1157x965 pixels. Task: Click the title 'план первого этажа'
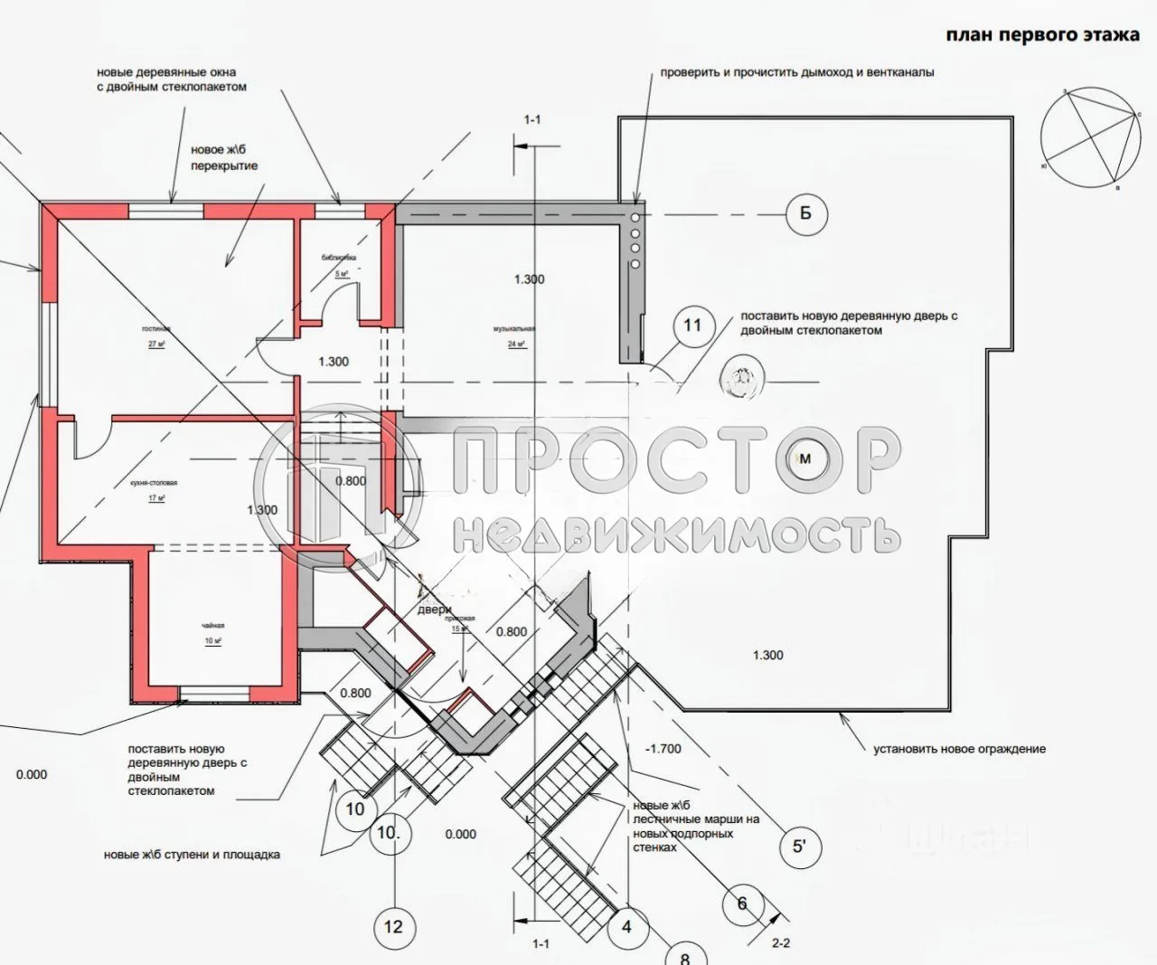click(1042, 35)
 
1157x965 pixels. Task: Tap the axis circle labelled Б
click(805, 214)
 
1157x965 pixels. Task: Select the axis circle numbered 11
click(691, 326)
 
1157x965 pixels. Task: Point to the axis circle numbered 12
click(393, 926)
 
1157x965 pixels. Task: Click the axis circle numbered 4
click(626, 926)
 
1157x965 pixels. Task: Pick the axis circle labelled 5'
click(799, 847)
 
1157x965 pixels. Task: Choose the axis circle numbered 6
click(742, 904)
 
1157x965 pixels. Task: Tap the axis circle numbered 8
click(684, 955)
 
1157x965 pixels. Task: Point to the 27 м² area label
click(157, 345)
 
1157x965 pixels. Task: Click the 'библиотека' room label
click(339, 258)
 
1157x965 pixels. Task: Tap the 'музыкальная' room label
click(515, 329)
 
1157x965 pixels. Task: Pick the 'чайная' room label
click(212, 626)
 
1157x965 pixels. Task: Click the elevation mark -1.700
click(663, 749)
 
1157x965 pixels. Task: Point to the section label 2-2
click(781, 943)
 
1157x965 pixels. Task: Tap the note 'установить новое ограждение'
click(959, 749)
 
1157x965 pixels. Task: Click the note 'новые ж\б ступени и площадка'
click(192, 855)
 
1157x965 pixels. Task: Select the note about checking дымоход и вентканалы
click(796, 72)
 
